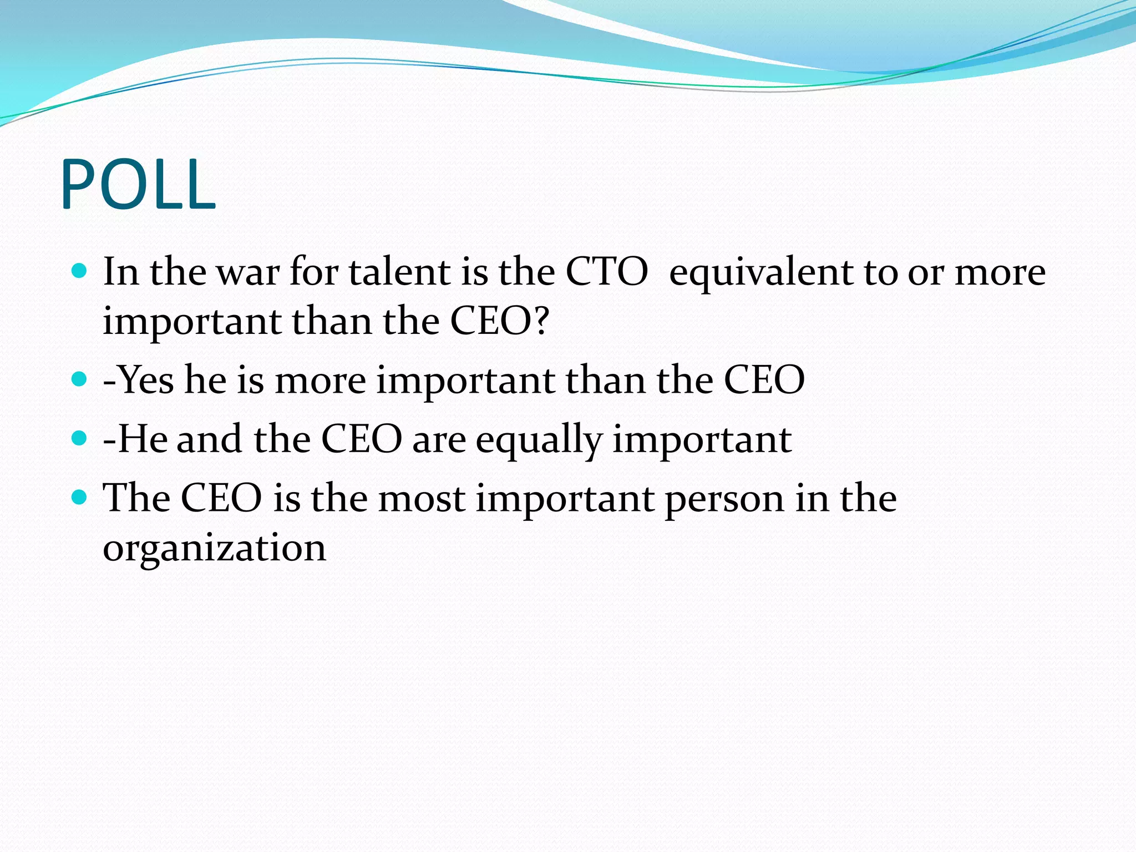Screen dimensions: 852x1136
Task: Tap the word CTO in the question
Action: coord(606,272)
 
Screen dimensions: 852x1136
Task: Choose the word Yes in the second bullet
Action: coord(145,380)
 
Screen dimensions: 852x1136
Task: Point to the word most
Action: coord(422,498)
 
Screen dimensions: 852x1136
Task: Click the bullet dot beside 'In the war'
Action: coord(80,271)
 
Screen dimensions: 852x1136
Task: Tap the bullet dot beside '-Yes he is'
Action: coord(80,379)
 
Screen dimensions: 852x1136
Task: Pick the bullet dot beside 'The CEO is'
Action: coord(80,496)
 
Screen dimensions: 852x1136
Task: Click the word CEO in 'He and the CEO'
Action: coord(362,439)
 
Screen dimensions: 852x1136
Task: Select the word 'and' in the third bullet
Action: coord(209,439)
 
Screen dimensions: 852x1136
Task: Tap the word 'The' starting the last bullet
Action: coord(136,498)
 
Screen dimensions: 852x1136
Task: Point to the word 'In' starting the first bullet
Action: coord(121,272)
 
